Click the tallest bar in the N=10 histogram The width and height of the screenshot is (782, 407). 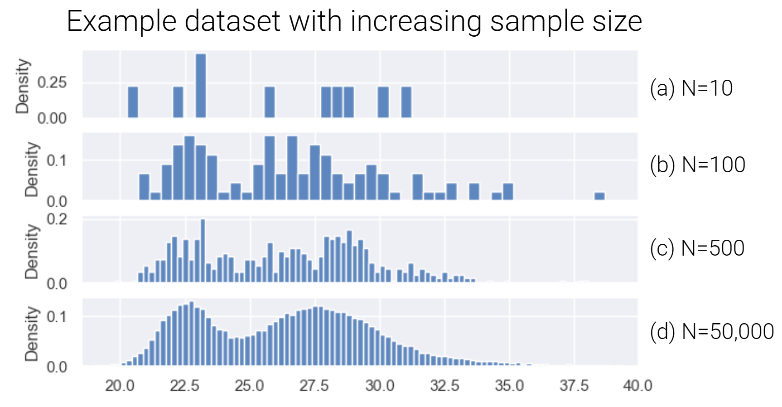click(x=201, y=86)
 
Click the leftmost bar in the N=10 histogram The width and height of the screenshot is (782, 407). click(x=133, y=102)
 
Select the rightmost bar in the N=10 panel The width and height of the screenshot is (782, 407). click(x=406, y=102)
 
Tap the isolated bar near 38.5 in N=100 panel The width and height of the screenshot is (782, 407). click(x=599, y=196)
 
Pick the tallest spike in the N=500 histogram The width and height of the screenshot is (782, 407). click(x=203, y=250)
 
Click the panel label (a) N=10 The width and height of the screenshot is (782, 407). click(x=690, y=88)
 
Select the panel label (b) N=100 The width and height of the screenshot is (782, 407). click(x=697, y=165)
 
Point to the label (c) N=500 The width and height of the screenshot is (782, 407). click(x=696, y=248)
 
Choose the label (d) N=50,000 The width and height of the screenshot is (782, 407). click(x=711, y=332)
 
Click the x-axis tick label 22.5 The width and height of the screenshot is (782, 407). click(x=184, y=386)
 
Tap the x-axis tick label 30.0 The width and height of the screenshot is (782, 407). click(x=379, y=386)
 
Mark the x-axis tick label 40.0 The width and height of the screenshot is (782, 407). click(x=637, y=386)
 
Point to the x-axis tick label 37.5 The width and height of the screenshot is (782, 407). click(x=574, y=386)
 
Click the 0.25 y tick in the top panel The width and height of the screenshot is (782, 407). click(x=52, y=82)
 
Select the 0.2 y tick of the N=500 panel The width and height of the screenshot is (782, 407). click(x=57, y=219)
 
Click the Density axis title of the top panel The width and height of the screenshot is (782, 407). click(x=22, y=86)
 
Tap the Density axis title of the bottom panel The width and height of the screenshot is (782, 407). click(x=31, y=334)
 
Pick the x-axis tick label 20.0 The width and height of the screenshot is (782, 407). click(x=120, y=386)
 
